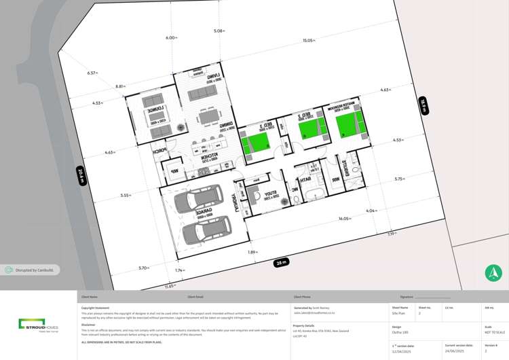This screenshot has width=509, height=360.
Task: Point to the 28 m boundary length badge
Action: [281, 262]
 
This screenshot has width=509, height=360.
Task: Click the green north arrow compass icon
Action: [493, 273]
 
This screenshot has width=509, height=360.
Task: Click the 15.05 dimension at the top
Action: [308, 41]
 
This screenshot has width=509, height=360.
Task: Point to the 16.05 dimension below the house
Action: [344, 219]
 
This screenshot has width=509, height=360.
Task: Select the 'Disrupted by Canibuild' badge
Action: [30, 270]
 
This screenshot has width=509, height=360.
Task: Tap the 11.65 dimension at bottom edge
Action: [169, 286]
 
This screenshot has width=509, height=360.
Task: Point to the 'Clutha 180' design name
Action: [400, 331]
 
